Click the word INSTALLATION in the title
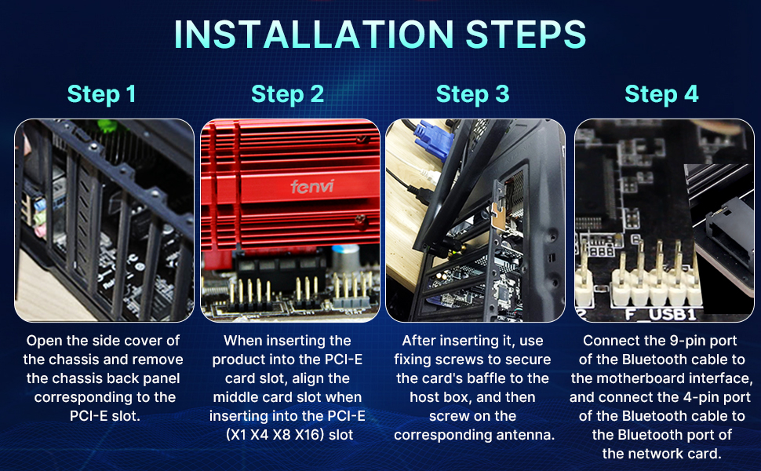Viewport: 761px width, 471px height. tap(314, 35)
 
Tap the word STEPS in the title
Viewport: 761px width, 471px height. tap(526, 35)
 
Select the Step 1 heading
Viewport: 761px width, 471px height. tap(101, 94)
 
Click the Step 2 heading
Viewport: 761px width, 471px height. tap(287, 94)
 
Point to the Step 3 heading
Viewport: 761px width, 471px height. tap(473, 94)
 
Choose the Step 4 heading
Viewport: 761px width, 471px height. tap(661, 94)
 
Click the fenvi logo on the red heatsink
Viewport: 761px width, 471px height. tap(312, 186)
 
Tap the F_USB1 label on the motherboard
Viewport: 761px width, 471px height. tap(661, 314)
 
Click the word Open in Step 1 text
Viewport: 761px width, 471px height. tap(42, 341)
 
